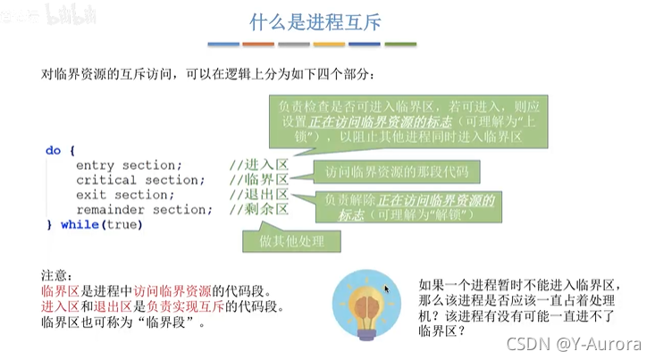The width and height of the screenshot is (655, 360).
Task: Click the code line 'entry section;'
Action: (x=129, y=165)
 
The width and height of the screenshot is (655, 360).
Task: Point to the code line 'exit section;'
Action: (x=121, y=195)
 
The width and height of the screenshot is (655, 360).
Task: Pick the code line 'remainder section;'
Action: (x=144, y=210)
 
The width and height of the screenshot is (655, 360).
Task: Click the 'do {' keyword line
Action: (x=61, y=151)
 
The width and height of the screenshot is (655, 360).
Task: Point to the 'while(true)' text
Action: (x=101, y=225)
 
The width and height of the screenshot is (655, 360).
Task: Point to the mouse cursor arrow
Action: (x=387, y=289)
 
